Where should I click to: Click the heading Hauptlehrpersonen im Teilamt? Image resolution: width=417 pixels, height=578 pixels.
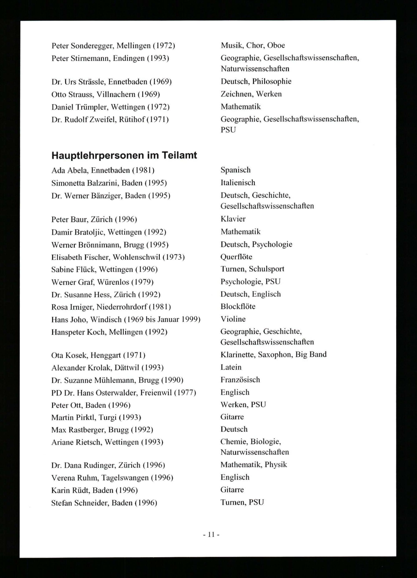[124, 156]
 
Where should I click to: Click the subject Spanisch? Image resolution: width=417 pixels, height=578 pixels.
[236, 170]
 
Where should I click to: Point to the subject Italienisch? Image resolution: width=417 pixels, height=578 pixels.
[238, 182]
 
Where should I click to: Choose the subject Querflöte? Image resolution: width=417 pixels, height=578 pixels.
[236, 257]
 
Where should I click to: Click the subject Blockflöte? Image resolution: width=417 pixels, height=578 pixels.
[238, 306]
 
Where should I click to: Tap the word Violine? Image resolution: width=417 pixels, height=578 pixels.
[233, 319]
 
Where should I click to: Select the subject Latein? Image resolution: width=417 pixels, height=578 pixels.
[231, 367]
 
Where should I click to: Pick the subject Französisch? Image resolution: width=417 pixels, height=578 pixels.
[240, 380]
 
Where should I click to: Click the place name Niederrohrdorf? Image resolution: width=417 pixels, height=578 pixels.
[122, 307]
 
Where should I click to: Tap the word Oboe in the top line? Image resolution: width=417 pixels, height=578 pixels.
[276, 45]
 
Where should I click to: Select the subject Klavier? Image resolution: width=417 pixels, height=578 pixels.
[233, 219]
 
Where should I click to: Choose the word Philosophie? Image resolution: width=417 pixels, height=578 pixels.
[272, 82]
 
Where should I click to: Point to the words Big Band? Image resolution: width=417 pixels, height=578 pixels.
[311, 354]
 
